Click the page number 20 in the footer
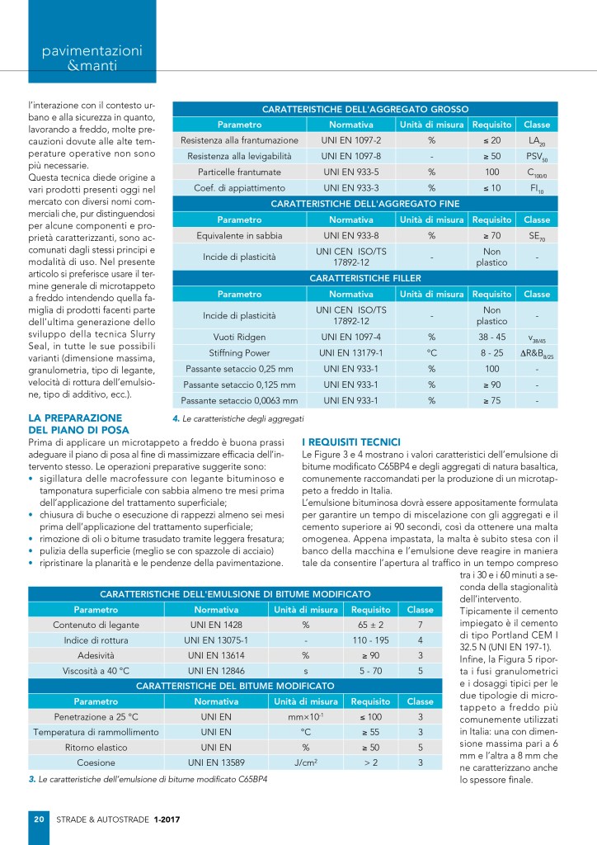click(x=38, y=819)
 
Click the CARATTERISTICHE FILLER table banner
click(x=364, y=279)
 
